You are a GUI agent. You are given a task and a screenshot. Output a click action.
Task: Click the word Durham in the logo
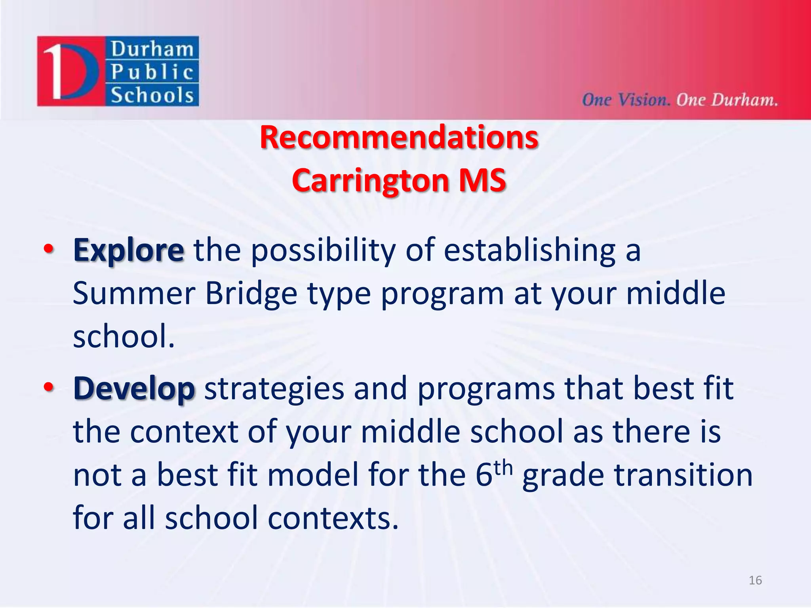point(152,49)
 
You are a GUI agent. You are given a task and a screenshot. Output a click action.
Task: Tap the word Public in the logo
point(152,72)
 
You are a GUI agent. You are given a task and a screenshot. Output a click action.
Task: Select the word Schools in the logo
point(152,95)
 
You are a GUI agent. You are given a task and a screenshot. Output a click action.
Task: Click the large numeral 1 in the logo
point(54,71)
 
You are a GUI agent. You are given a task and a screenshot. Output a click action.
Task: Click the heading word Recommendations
point(399,137)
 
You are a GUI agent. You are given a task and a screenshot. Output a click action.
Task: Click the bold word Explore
point(128,251)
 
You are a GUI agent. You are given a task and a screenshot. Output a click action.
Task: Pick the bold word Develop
point(134,389)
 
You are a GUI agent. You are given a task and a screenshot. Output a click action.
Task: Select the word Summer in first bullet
point(134,294)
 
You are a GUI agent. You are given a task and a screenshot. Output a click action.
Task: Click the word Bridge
point(251,294)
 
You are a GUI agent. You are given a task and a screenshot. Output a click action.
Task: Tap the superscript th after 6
point(503,467)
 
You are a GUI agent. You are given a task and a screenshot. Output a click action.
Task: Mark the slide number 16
point(755,580)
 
